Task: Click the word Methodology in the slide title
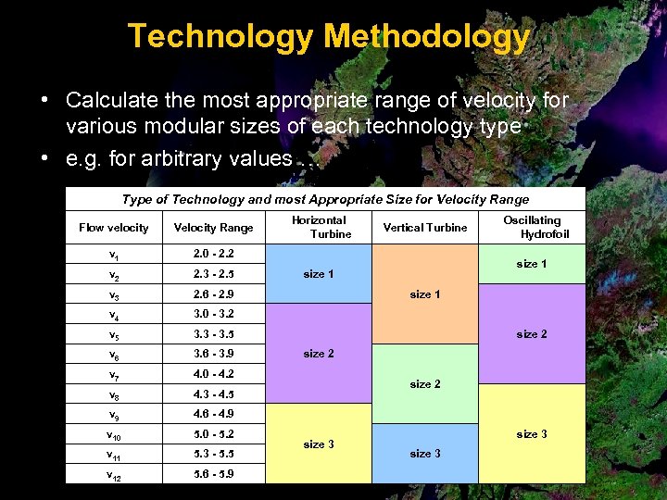(x=427, y=37)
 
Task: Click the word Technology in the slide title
(x=220, y=37)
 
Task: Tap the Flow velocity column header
(x=113, y=228)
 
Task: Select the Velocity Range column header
(x=213, y=228)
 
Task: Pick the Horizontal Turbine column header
(x=319, y=227)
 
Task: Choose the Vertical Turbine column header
(x=425, y=228)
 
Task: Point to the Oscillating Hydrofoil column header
(x=532, y=227)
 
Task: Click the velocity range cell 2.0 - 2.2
(x=213, y=254)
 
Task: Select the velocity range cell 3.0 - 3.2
(x=213, y=314)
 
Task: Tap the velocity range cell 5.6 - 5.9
(x=213, y=473)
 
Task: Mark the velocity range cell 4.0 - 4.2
(x=213, y=374)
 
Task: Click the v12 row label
(x=113, y=474)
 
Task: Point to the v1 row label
(x=113, y=255)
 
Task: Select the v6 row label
(x=113, y=355)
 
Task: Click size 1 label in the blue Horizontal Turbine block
(x=319, y=274)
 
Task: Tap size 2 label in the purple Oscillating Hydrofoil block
(x=532, y=334)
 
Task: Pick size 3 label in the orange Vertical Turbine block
(x=425, y=454)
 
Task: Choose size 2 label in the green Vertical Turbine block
(x=425, y=384)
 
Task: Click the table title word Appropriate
(x=395, y=199)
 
